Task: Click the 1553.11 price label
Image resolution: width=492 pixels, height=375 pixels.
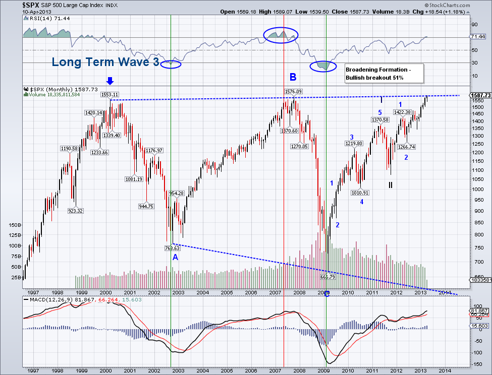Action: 110,94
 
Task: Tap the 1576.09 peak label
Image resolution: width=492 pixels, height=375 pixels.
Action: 293,91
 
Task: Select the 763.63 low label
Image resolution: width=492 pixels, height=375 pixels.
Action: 172,248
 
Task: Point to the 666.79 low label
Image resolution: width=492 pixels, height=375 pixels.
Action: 328,277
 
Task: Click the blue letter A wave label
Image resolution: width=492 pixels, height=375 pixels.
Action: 175,257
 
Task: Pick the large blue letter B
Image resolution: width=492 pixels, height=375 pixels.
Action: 293,77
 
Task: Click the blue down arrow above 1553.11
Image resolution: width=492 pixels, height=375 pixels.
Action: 110,81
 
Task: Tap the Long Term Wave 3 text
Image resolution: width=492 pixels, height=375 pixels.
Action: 105,62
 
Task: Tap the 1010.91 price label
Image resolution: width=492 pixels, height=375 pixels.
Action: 361,193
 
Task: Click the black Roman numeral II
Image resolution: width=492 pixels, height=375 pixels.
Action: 391,185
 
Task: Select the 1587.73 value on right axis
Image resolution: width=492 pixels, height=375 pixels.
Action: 479,95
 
